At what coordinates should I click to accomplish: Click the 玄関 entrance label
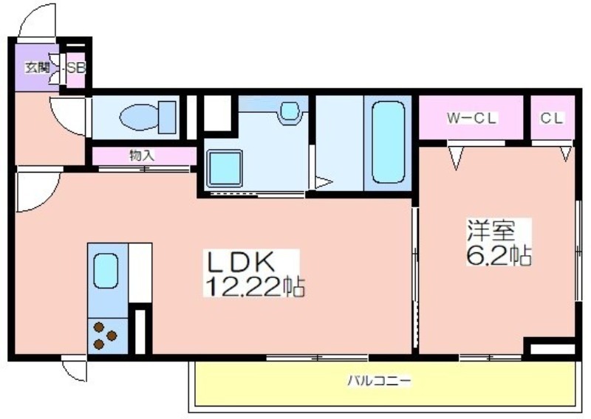(38, 68)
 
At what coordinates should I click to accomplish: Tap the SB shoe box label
(77, 69)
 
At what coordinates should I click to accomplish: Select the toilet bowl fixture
(148, 117)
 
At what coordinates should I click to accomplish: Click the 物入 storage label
(142, 156)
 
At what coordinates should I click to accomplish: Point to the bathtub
(389, 143)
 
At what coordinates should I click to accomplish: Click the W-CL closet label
(471, 118)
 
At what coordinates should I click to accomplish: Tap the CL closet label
(551, 118)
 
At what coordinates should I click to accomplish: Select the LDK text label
(239, 262)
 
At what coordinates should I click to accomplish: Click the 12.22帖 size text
(254, 286)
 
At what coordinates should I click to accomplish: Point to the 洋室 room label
(491, 230)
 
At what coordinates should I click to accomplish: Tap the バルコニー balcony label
(379, 381)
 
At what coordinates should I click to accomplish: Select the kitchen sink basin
(106, 271)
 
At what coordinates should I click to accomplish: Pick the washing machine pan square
(225, 168)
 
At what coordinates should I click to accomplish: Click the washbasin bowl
(290, 111)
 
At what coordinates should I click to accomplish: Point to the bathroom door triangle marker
(323, 183)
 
